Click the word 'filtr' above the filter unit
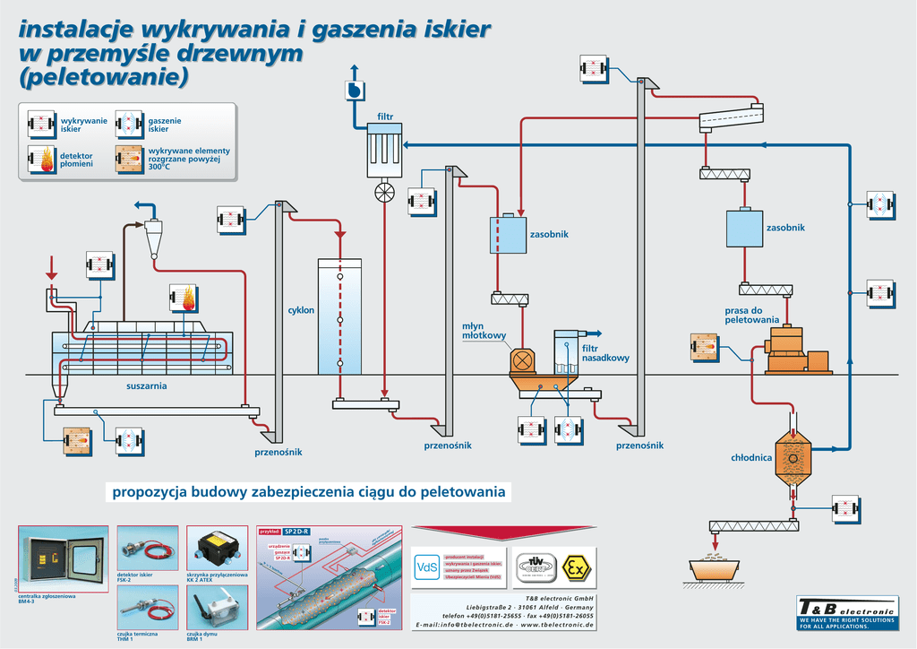tap(385, 117)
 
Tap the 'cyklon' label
tap(301, 310)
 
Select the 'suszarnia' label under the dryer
tap(147, 386)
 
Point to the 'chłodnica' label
tap(751, 457)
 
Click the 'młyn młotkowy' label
tap(484, 331)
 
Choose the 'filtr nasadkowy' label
tap(605, 352)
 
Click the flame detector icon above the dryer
tap(184, 299)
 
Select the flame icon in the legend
tap(42, 160)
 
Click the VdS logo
tap(426, 567)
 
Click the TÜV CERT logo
tap(536, 567)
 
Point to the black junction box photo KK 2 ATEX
tap(217, 547)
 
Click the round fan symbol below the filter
tap(385, 193)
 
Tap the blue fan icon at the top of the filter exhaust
tap(354, 91)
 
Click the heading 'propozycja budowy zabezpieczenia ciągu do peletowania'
tap(309, 492)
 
